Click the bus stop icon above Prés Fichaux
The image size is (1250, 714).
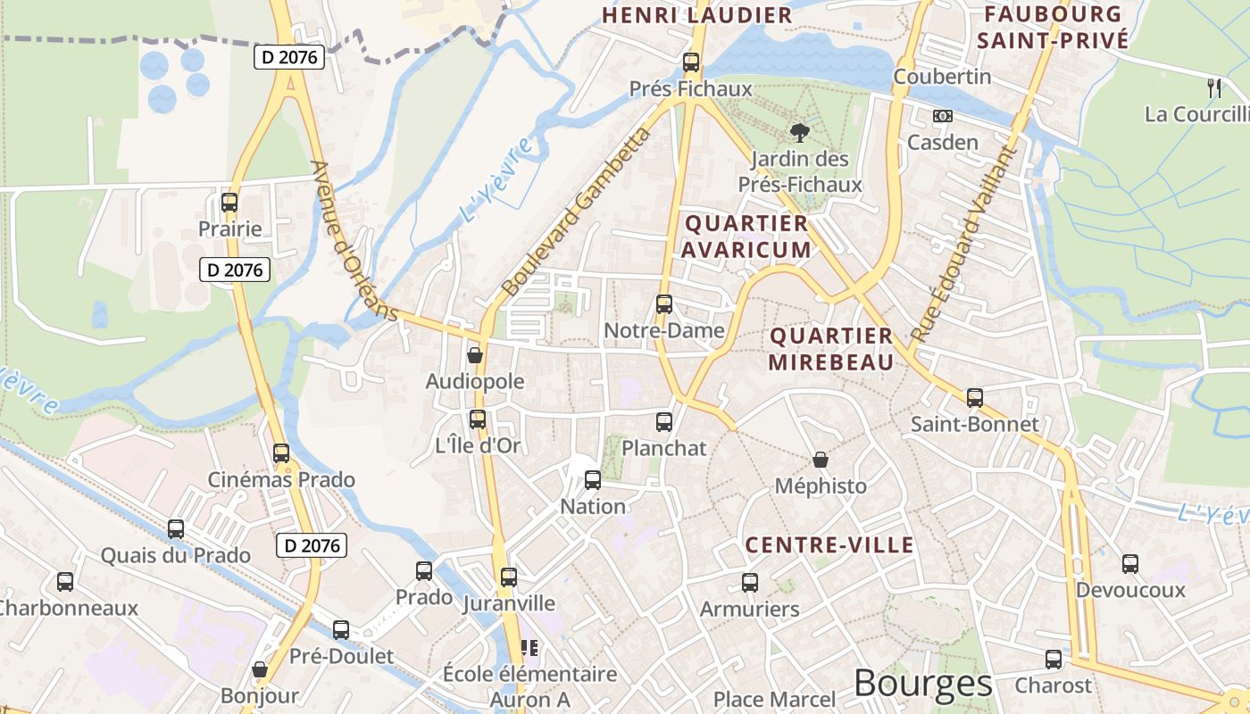pos(690,62)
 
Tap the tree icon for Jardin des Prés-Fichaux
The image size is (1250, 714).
pos(799,133)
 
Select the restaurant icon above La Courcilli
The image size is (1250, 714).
pos(1213,87)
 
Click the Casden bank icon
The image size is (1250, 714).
pos(942,116)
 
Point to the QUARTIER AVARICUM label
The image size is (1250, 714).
pos(746,237)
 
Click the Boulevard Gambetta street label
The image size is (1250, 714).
pos(577,212)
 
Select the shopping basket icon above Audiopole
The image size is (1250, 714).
pos(475,355)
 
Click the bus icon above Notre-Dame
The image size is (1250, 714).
pos(663,304)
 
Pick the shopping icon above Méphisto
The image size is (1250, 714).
pos(821,461)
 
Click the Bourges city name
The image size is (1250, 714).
pos(922,684)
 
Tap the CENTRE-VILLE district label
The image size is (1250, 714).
pos(829,545)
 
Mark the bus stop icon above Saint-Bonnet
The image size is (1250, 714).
pos(974,398)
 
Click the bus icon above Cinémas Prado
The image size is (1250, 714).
pos(281,453)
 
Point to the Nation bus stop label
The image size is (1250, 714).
pos(593,507)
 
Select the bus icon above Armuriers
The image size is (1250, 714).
pos(750,583)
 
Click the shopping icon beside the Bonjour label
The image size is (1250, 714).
pos(260,669)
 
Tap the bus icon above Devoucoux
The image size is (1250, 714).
pos(1130,564)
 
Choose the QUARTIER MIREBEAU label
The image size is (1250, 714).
pos(830,349)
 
